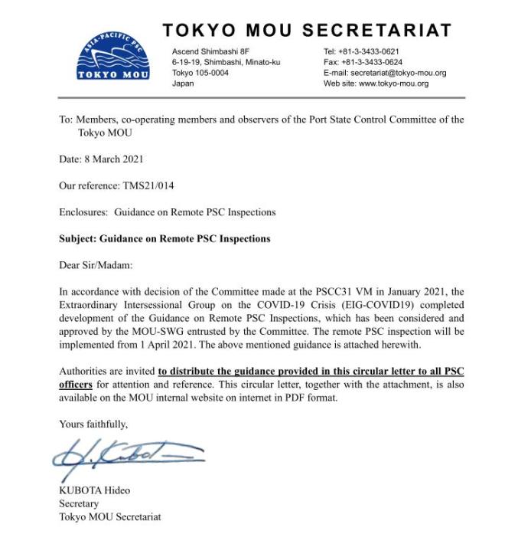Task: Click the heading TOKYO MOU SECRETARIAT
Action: click(x=306, y=30)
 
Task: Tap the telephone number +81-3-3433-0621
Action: click(x=376, y=52)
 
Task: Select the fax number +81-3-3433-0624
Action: click(x=376, y=63)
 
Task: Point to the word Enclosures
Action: click(x=84, y=212)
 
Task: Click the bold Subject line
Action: click(x=165, y=238)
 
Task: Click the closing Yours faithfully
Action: click(x=93, y=423)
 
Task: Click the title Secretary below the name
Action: click(x=79, y=503)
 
